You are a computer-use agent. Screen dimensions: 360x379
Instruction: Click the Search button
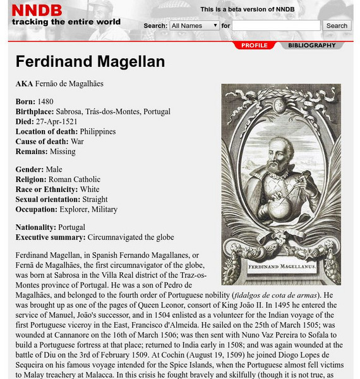click(337, 26)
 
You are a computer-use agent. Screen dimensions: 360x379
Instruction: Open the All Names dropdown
click(194, 26)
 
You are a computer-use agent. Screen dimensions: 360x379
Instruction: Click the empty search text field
click(276, 26)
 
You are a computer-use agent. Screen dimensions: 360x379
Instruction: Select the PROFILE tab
click(255, 45)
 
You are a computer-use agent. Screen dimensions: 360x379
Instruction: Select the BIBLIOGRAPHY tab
click(312, 45)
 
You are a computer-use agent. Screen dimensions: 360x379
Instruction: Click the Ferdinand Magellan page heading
click(90, 62)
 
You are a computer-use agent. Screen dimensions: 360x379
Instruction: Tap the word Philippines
click(98, 132)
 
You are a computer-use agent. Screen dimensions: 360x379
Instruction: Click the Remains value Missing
click(62, 152)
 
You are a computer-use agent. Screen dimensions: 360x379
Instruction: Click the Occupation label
click(36, 209)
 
